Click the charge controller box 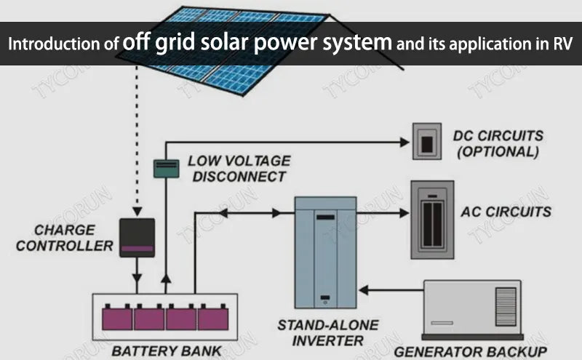137,237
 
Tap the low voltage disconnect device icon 166,168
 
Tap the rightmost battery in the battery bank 213,317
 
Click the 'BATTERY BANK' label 167,351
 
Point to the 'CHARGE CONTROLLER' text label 64,238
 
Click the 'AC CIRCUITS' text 506,212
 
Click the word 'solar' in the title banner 205,43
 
